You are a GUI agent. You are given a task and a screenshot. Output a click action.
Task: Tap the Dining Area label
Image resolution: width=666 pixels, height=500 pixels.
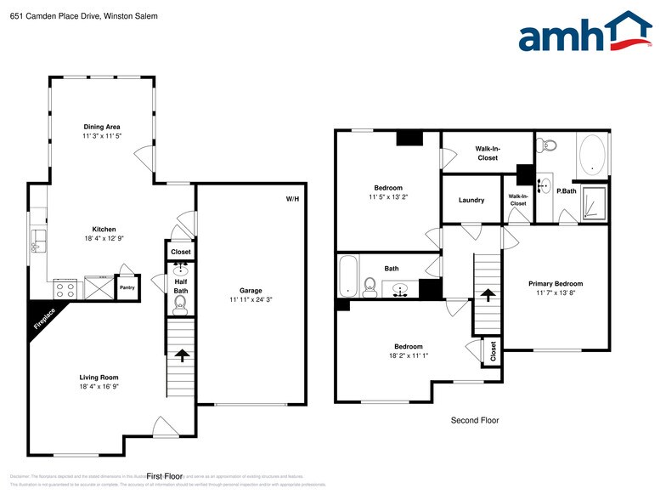coord(101,127)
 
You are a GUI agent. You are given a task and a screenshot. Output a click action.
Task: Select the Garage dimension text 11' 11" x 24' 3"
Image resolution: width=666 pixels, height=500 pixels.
coord(251,299)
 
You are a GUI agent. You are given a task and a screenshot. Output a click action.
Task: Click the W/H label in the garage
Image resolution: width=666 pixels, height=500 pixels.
coord(292,199)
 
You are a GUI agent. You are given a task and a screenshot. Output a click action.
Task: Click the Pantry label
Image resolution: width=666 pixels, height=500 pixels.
coord(126,287)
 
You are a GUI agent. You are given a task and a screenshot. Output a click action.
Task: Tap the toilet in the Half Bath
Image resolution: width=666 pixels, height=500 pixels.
coord(179,302)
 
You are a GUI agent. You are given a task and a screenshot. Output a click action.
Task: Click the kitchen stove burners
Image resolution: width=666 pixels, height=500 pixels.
coord(65,287)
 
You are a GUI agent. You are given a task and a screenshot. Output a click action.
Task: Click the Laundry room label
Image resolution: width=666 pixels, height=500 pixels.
coord(471,201)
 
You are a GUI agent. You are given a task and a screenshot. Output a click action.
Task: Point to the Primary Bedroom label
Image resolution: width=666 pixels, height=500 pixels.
coord(556,283)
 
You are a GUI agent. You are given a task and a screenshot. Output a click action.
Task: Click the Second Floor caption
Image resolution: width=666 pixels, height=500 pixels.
coord(474,420)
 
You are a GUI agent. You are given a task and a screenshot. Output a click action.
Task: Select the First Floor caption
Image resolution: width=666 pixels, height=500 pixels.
coord(165,476)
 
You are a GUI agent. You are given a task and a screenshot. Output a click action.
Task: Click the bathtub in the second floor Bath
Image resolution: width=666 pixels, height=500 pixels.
coord(347,277)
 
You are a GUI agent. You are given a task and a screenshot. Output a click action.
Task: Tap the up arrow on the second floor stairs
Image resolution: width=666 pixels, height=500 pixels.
coord(488,294)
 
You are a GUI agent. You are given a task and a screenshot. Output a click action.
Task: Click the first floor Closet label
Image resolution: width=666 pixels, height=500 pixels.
coord(180,253)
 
